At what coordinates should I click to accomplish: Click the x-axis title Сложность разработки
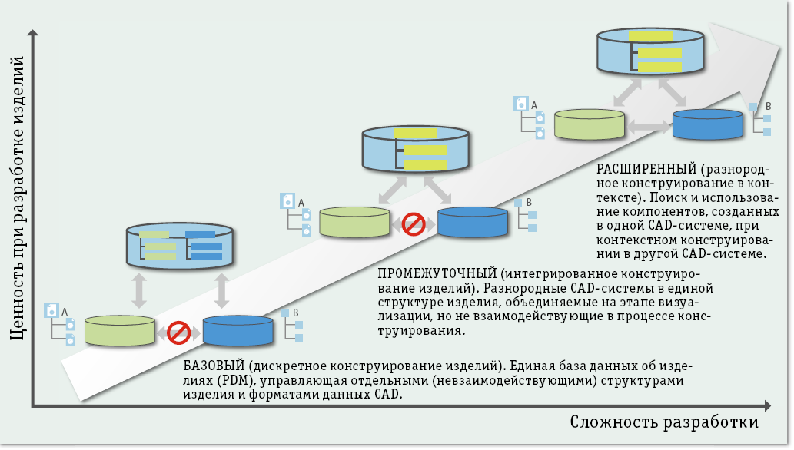coord(664,422)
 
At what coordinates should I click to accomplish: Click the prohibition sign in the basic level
coord(179,333)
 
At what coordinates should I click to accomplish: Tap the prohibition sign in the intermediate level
coord(414,224)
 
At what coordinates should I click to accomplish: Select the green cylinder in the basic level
coord(119,329)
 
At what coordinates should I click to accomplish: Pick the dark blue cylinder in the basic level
coord(238,330)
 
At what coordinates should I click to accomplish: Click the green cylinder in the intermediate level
coord(354,221)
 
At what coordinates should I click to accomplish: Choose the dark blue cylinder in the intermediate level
coord(473,221)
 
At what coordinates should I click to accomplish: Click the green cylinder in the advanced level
coord(590,124)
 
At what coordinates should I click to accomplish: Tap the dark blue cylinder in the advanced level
coord(708,124)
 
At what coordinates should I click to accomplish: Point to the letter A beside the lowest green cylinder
coord(65,310)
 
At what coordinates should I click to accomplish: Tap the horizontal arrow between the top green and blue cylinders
coord(649,124)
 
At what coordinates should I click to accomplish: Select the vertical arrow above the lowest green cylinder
coord(140,291)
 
